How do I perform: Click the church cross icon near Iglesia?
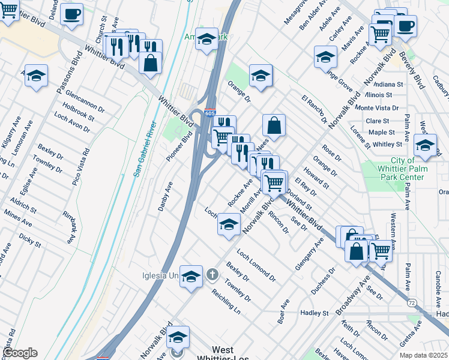point(212,275)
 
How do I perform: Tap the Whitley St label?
point(387,145)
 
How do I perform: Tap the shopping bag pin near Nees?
point(274,125)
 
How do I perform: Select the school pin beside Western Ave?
point(425,146)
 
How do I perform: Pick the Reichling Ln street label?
point(226,302)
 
